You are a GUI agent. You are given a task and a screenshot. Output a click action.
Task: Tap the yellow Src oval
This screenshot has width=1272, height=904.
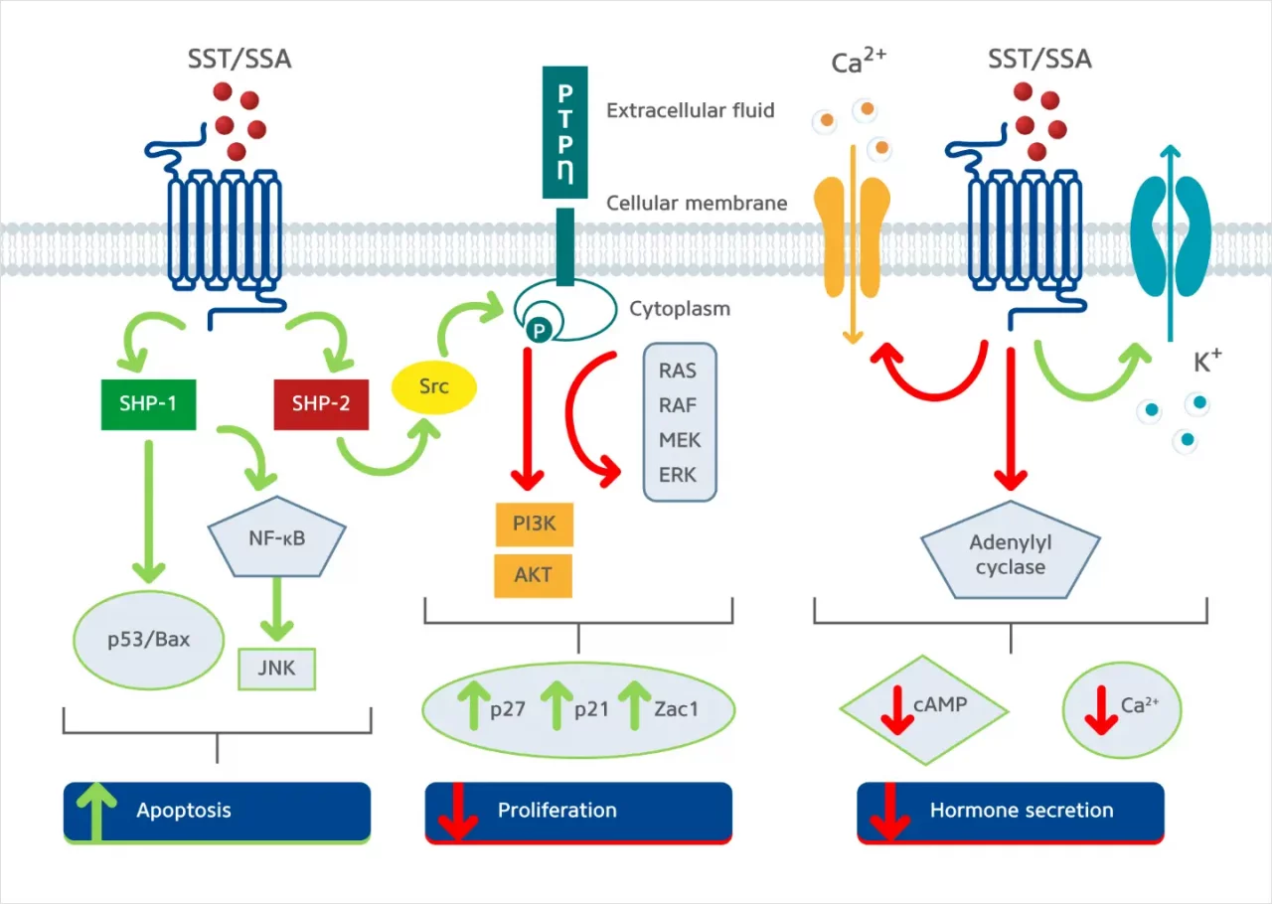[433, 385]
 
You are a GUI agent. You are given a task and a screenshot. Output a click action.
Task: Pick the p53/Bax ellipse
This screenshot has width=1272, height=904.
[148, 639]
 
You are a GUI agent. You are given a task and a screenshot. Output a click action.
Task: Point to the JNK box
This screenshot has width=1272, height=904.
[277, 669]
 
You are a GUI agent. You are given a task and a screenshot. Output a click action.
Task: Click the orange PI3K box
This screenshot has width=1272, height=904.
[534, 525]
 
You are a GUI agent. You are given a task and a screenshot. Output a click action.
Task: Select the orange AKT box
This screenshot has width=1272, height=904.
[534, 575]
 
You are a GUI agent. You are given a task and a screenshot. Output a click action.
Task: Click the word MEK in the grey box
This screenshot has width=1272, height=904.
[680, 439]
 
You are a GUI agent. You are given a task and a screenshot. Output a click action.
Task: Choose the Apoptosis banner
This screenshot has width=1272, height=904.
[217, 811]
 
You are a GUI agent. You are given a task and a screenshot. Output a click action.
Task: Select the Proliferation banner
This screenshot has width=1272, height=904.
[578, 811]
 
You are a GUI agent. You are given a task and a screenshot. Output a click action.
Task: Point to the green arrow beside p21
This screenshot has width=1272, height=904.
[556, 707]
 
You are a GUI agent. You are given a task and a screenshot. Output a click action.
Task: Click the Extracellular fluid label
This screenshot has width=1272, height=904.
[690, 110]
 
